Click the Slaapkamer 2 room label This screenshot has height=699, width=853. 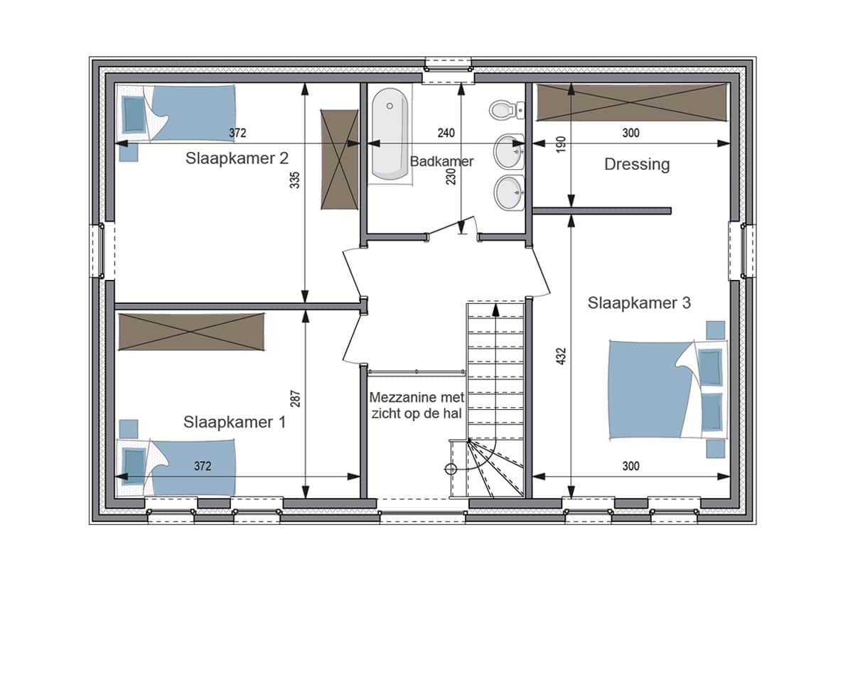tap(237, 158)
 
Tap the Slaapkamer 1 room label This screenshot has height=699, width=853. tap(235, 422)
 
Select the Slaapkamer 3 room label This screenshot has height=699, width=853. tap(639, 303)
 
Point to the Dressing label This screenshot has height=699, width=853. tap(637, 165)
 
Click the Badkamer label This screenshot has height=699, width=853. tap(441, 161)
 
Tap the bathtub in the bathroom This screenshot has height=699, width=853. tap(390, 134)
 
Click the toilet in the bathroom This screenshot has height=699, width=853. tap(506, 110)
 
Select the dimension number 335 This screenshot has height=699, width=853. tap(295, 180)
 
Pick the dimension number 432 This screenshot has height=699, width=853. tap(561, 356)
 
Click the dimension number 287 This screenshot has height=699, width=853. tap(295, 399)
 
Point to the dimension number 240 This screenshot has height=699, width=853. tap(446, 133)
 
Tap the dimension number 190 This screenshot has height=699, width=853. tap(561, 144)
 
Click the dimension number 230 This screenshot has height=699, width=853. tap(451, 177)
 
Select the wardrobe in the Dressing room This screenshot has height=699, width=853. tap(632, 102)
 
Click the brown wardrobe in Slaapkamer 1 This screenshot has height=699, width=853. tap(191, 332)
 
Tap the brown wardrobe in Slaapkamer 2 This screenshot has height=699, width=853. tap(339, 159)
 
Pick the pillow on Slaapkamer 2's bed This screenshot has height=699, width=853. tap(134, 114)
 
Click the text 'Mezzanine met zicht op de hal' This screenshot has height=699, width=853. tap(417, 405)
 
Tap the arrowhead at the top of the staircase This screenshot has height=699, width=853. tap(496, 310)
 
